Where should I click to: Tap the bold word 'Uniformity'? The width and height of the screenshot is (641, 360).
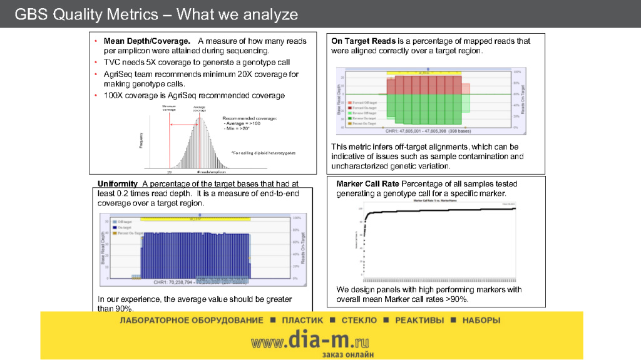117,183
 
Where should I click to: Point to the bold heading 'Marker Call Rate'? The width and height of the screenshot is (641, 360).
367,184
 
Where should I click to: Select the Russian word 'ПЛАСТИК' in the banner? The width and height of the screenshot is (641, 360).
302,321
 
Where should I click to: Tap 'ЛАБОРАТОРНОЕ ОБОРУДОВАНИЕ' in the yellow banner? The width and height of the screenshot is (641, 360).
192,321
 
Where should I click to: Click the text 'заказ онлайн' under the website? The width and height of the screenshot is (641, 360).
348,354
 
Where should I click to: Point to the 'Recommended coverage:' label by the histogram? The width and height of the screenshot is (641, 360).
249,118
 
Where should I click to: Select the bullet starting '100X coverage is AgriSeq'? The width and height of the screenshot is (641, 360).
194,95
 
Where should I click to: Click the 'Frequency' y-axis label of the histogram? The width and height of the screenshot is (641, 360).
141,140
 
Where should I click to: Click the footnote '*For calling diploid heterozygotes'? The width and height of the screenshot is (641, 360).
263,153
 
